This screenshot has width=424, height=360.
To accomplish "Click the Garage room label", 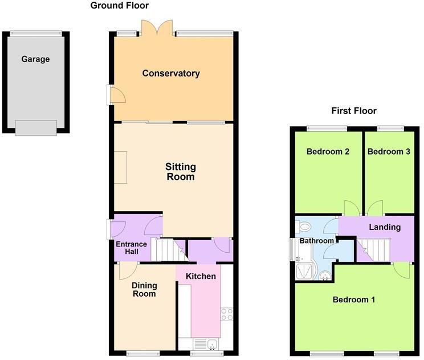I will [x=35, y=59].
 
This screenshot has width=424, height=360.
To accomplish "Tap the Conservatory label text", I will [x=171, y=73].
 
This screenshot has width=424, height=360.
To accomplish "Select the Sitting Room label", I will [x=180, y=172].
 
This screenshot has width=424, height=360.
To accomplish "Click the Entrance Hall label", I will [x=132, y=248].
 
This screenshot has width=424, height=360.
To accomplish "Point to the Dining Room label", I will [x=144, y=289].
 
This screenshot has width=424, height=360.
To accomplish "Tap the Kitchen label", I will [x=201, y=277].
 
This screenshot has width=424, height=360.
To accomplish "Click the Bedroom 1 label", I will [x=353, y=299].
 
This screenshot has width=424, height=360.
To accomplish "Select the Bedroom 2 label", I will [x=328, y=152].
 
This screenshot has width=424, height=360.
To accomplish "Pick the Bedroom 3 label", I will [x=389, y=152].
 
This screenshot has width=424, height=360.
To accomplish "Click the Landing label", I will [x=385, y=227].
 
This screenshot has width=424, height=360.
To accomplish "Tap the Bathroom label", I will [x=317, y=241].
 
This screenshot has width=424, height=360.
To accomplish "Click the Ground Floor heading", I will [x=120, y=6].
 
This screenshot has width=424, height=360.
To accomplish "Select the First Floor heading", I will [x=354, y=111].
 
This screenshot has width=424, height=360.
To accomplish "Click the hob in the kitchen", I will [x=226, y=314].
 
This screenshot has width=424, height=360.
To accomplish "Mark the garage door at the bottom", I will [x=36, y=128].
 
